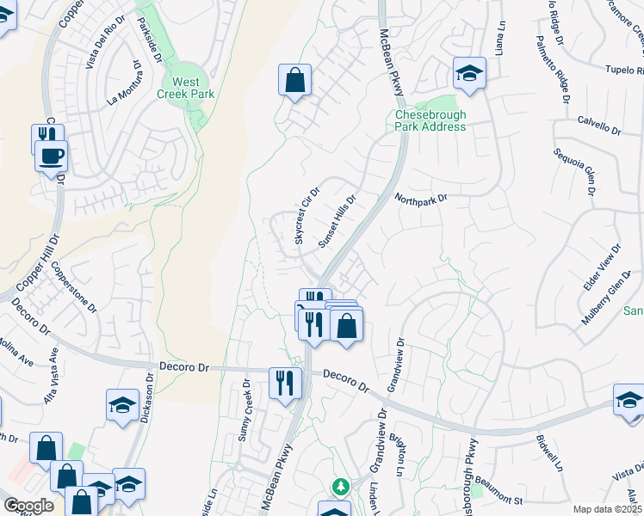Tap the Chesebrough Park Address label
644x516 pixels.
point(430,121)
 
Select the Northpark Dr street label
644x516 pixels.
point(422,199)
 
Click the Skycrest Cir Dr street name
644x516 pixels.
point(307,216)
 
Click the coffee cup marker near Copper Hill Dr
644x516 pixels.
point(51,157)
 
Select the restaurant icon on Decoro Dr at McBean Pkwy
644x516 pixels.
point(285,382)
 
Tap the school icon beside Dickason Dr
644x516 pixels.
point(123,404)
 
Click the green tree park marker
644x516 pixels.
point(341,487)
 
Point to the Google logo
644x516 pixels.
point(28,506)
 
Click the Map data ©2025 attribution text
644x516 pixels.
point(607,509)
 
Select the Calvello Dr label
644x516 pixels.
point(599,126)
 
